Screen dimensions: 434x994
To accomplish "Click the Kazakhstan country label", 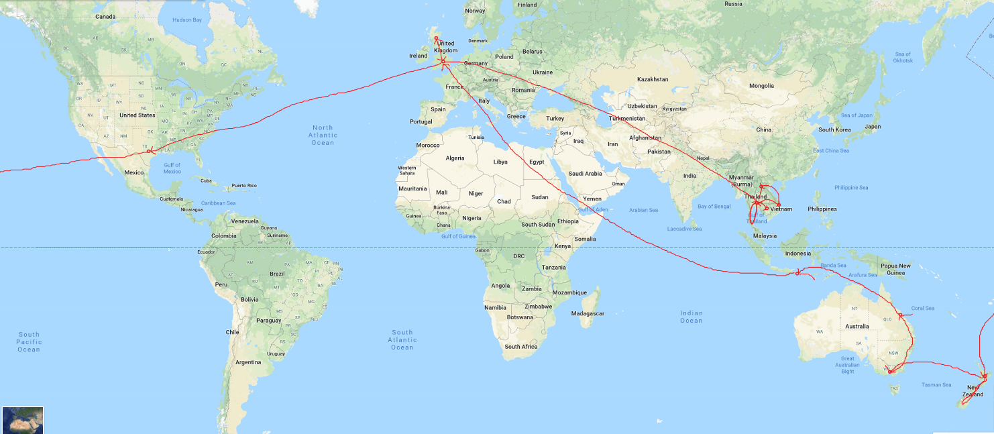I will [x=653, y=79].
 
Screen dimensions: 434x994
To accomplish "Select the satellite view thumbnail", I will [x=23, y=419].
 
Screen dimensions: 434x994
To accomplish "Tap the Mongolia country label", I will [x=761, y=86].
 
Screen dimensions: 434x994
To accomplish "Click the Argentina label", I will [x=248, y=362].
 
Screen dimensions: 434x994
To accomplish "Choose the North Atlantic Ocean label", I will [x=323, y=135].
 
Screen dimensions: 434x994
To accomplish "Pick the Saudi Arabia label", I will [x=585, y=173].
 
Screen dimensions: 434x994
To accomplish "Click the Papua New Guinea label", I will [x=895, y=270].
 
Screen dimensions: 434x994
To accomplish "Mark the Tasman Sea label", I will [x=936, y=385].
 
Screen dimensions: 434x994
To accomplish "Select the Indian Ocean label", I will [x=692, y=317].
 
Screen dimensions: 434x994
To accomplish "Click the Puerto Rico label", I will [x=244, y=185].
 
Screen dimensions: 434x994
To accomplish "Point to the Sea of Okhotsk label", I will [x=902, y=58].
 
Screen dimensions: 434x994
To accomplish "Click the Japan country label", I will [x=872, y=126].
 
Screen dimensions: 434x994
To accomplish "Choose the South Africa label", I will [x=521, y=347].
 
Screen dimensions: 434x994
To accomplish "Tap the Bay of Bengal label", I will [x=714, y=206].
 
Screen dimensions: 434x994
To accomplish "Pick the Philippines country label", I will [x=822, y=209].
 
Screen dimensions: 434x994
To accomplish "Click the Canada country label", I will [x=106, y=16].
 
